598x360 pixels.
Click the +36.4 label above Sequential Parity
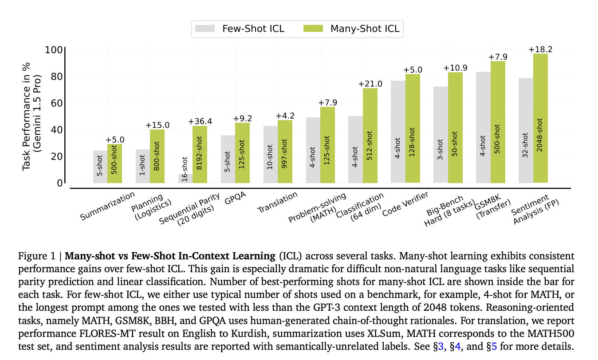tap(200, 121)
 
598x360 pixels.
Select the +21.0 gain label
tap(370, 84)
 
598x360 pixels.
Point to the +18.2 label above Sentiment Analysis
tap(540, 50)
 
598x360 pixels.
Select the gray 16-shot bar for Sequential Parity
tap(185, 178)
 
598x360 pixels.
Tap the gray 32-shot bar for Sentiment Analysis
tap(526, 131)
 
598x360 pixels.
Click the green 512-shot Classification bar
tap(370, 136)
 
